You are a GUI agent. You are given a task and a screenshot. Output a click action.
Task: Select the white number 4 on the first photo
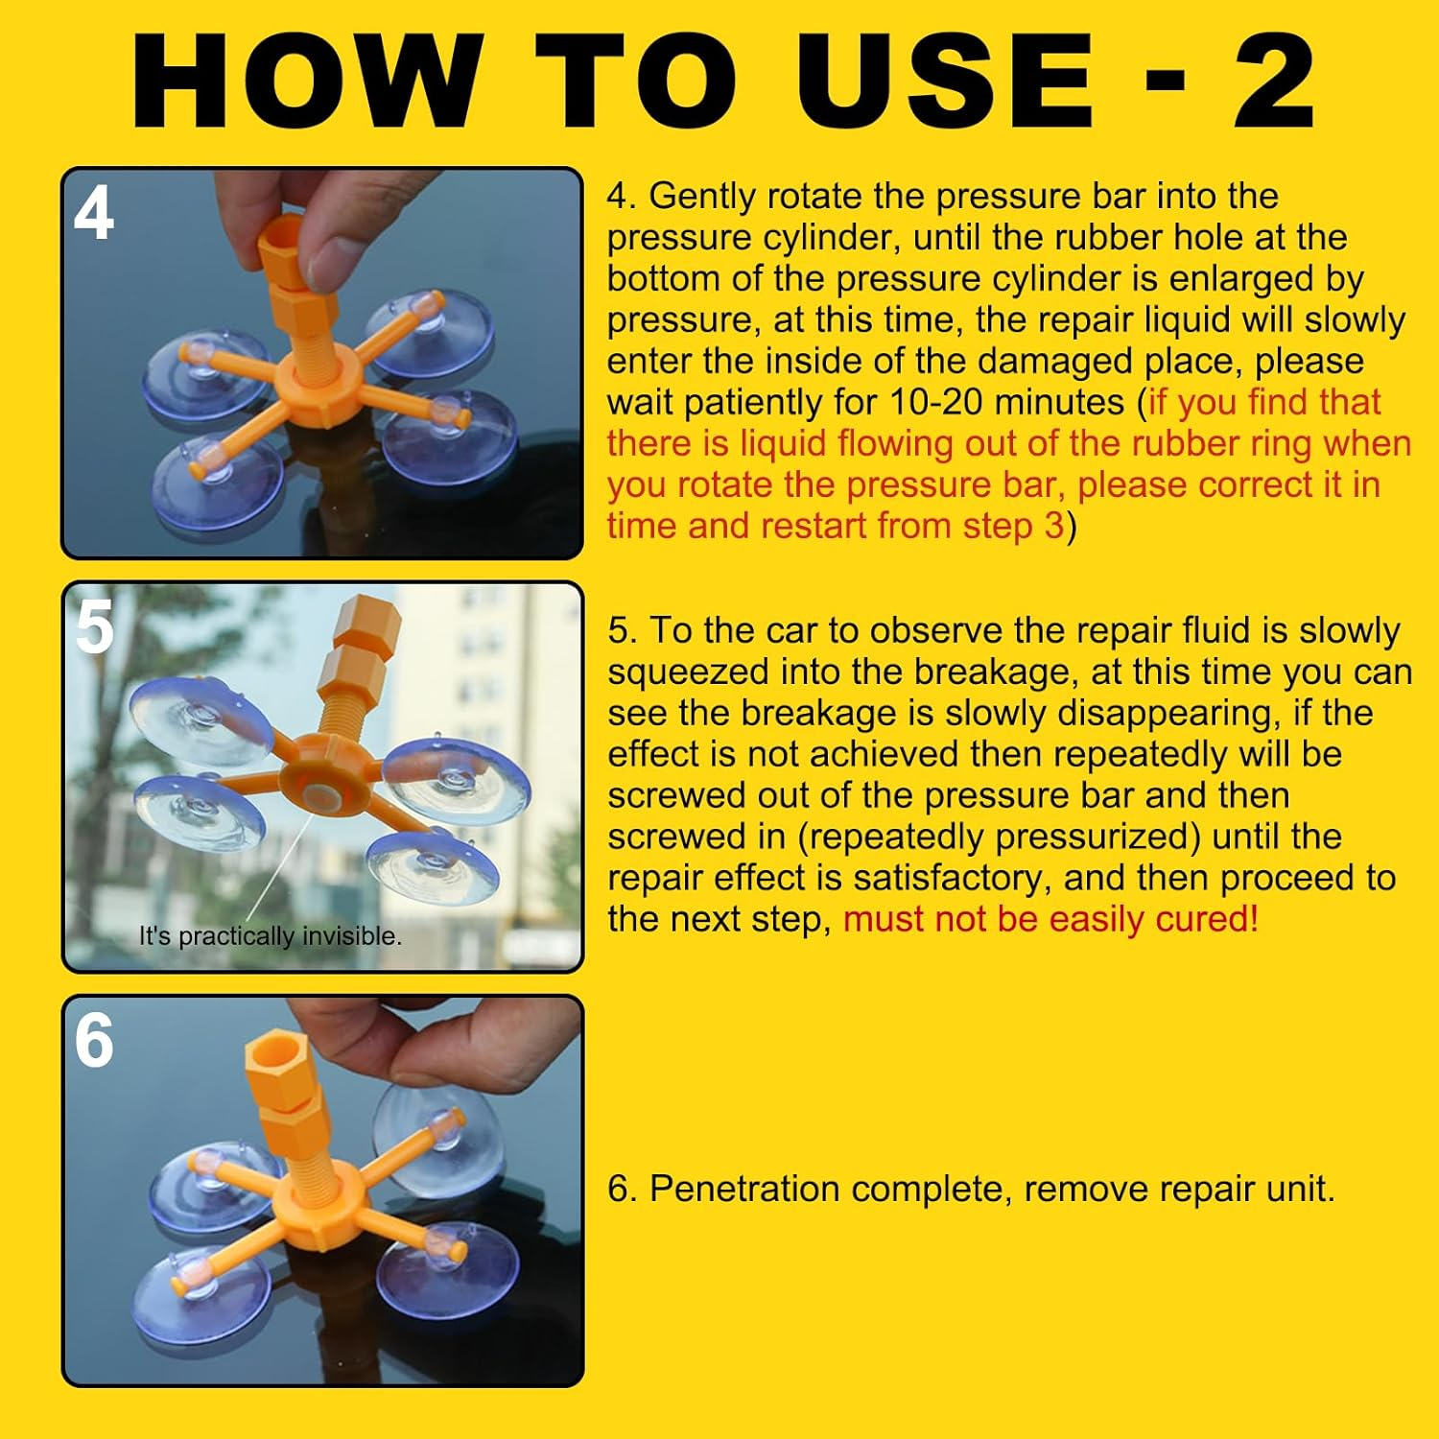pyautogui.click(x=94, y=214)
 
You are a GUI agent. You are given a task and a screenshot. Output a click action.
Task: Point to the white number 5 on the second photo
pyautogui.click(x=94, y=627)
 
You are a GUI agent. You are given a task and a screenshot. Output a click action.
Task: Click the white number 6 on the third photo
pyautogui.click(x=94, y=1041)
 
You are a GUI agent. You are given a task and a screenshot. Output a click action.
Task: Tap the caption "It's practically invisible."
pyautogui.click(x=270, y=935)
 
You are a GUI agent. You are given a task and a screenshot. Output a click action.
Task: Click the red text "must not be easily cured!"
pyautogui.click(x=1050, y=919)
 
